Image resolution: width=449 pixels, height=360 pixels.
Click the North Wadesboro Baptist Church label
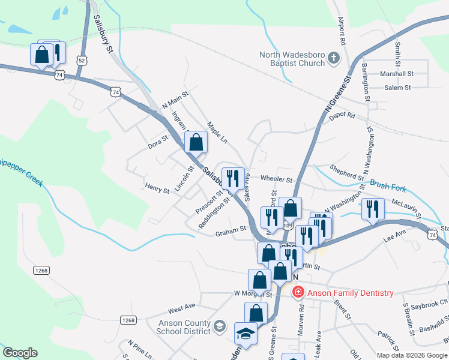coord(291,59)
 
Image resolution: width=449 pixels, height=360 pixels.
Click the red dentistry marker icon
coord(297,292)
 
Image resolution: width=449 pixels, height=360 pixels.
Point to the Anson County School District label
coord(175,326)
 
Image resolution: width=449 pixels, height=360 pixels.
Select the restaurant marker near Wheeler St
coord(232,178)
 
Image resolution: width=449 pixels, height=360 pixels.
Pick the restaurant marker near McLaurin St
coord(373,209)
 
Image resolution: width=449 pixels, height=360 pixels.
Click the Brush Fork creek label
coord(388,187)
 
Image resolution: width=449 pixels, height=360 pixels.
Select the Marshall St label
coord(397,74)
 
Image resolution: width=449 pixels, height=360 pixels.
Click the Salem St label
coord(397,88)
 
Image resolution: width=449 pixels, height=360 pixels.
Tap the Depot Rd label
coord(342,116)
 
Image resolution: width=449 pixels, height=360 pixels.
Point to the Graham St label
coord(231,229)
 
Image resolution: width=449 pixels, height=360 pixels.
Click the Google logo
coord(20,353)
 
